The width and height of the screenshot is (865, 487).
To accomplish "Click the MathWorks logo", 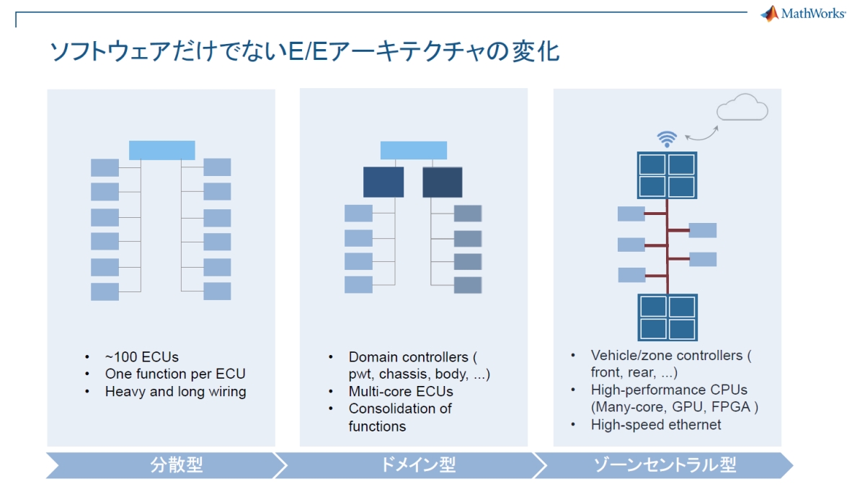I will [803, 14].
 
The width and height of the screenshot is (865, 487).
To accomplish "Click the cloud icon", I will [742, 109].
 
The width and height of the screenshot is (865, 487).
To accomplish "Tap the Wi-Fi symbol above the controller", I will [667, 139].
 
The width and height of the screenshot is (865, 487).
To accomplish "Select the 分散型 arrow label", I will [177, 465].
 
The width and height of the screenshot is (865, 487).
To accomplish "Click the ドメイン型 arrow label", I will [418, 465].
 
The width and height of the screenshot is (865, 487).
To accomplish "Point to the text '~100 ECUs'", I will [141, 356].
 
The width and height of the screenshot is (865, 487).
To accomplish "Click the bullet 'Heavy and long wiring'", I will [175, 392].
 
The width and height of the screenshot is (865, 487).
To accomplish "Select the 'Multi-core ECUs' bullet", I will [401, 391].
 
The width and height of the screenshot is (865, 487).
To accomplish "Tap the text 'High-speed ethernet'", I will [655, 425].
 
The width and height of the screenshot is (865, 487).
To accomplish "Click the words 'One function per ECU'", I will [175, 374].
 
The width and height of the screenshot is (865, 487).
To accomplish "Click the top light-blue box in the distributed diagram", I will [161, 150].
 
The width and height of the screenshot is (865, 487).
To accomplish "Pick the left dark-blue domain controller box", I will [383, 182].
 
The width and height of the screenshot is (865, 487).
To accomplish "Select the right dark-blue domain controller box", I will [442, 182].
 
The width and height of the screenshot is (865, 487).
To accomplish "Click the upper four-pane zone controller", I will [667, 175].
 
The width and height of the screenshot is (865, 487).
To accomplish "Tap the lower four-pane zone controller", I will [667, 317].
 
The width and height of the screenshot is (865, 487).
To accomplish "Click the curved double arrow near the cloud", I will [701, 133].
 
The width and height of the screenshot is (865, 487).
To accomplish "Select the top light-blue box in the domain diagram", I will [413, 150].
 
